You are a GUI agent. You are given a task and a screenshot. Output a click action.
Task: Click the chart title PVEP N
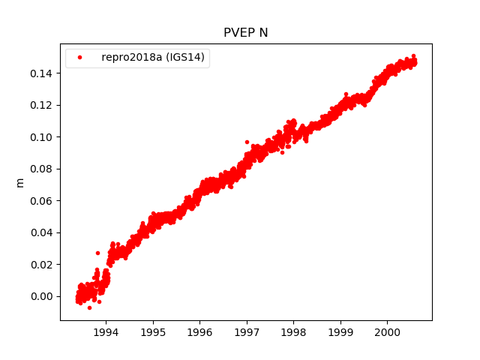[245, 32]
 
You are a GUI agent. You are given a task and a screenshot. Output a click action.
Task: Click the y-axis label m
[20, 182]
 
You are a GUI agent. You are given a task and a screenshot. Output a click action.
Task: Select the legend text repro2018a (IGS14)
[153, 58]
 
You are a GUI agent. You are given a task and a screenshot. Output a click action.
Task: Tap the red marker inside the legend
[80, 58]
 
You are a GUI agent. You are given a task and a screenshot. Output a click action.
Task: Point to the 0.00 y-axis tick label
[43, 296]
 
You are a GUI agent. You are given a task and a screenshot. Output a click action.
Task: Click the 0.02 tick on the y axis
[43, 264]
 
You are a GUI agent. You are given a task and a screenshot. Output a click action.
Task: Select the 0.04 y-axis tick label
[43, 232]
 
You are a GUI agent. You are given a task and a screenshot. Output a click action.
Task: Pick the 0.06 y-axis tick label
[43, 200]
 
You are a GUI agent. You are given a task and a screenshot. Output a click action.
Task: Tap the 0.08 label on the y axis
[43, 169]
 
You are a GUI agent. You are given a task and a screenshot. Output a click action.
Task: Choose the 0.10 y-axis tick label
[43, 136]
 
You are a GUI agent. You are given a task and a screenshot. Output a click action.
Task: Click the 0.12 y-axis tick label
[43, 105]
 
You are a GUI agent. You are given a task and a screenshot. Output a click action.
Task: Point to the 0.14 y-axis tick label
[43, 73]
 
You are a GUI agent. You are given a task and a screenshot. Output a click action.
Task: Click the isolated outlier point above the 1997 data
[247, 141]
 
